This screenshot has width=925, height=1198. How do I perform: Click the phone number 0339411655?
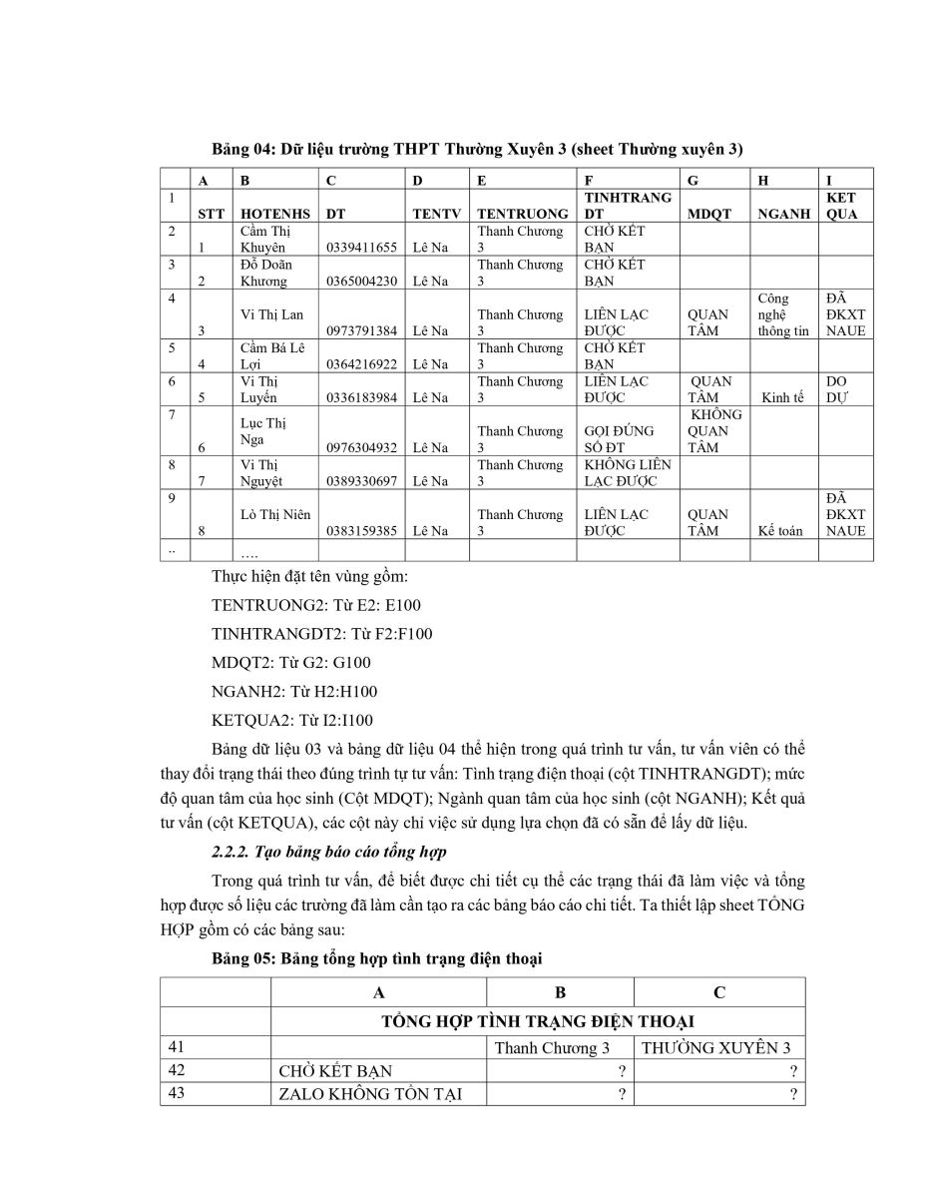tap(361, 247)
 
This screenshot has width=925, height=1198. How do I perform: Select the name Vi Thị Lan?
tap(271, 314)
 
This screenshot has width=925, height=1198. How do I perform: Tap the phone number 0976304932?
tap(361, 447)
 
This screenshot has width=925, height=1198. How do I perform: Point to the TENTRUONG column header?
tap(523, 214)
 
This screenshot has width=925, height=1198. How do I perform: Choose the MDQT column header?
tap(709, 214)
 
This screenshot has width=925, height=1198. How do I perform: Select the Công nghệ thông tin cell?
tap(783, 314)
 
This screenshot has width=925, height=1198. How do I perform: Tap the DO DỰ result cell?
tap(836, 389)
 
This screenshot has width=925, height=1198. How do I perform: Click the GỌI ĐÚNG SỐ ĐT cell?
tap(620, 439)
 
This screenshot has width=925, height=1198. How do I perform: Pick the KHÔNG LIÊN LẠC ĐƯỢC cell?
tap(628, 472)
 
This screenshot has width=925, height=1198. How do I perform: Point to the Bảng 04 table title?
tap(478, 149)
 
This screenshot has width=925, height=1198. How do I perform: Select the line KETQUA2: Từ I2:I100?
tap(292, 720)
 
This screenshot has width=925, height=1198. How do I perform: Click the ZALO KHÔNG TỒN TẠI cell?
tap(369, 1094)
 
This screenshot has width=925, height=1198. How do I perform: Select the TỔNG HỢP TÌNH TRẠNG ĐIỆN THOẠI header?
tap(538, 1020)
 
